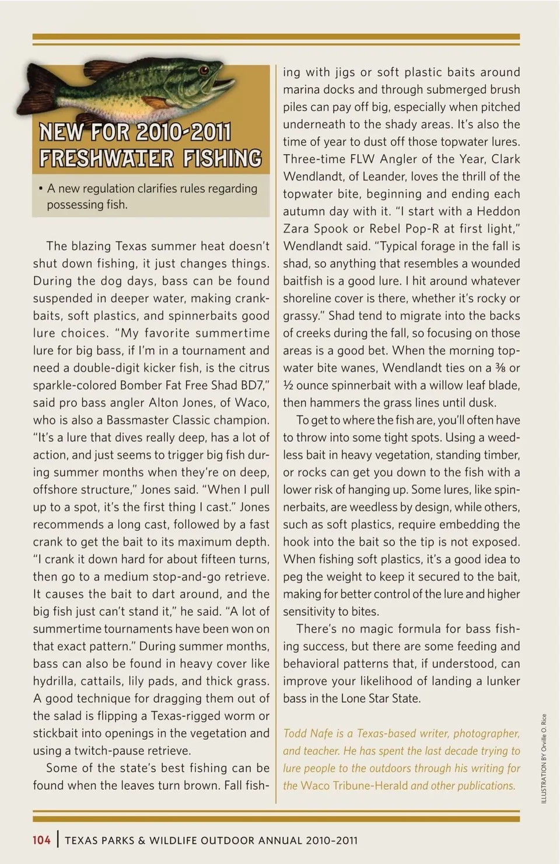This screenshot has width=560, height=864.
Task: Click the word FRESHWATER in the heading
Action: (x=106, y=158)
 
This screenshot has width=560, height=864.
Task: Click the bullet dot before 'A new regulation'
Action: (x=40, y=189)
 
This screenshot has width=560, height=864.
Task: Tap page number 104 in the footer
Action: (x=41, y=840)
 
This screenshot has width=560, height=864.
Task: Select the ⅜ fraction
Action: (x=499, y=368)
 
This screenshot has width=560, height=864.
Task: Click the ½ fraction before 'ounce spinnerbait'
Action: (x=288, y=386)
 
